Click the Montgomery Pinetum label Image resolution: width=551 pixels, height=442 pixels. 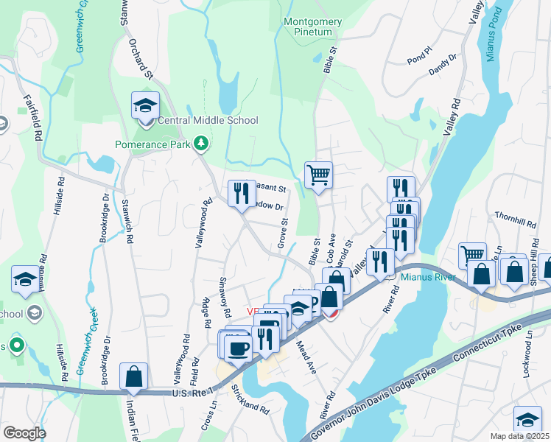pyautogui.click(x=313, y=27)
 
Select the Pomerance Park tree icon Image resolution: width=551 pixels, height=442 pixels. pyautogui.click(x=200, y=142)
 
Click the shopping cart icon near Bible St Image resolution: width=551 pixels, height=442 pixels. pyautogui.click(x=318, y=175)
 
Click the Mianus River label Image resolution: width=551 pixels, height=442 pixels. pyautogui.click(x=429, y=278)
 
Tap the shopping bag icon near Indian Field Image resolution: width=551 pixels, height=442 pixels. pyautogui.click(x=134, y=376)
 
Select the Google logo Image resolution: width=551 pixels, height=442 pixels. pyautogui.click(x=24, y=433)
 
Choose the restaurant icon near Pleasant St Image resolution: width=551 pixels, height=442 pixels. pyautogui.click(x=241, y=194)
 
